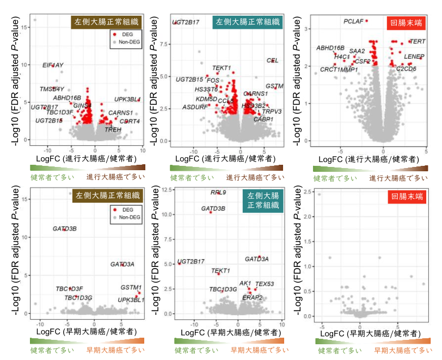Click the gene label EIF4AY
pyautogui.click(x=53, y=65)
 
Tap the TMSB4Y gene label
pyautogui.click(x=52, y=89)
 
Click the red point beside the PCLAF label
pyautogui.click(x=366, y=21)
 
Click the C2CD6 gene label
pyautogui.click(x=406, y=69)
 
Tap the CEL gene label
pyautogui.click(x=272, y=60)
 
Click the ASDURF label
pyautogui.click(x=195, y=107)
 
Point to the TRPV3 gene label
pyautogui.click(x=272, y=111)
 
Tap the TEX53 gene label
pyautogui.click(x=265, y=283)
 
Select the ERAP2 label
pyautogui.click(x=253, y=297)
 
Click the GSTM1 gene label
pyautogui.click(x=131, y=287)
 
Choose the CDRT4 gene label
pyautogui.click(x=130, y=121)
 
